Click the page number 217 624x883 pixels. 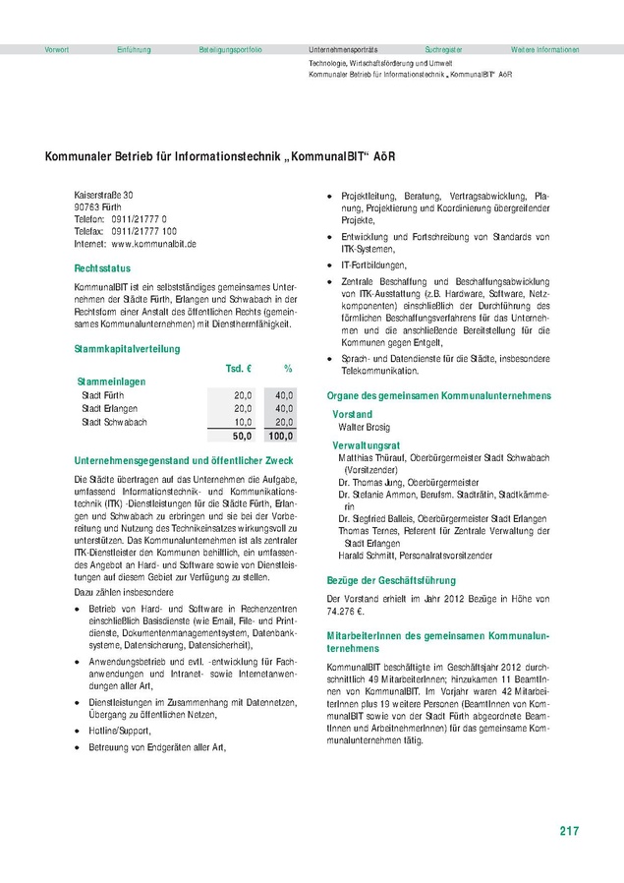pyautogui.click(x=569, y=831)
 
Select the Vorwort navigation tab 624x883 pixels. pyautogui.click(x=57, y=48)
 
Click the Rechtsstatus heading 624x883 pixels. pyautogui.click(x=102, y=267)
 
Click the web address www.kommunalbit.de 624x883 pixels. pyautogui.click(x=154, y=243)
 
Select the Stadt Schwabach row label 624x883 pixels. pyautogui.click(x=114, y=394)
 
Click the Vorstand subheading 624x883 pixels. pyautogui.click(x=353, y=414)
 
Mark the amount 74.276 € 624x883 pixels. pyautogui.click(x=347, y=610)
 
